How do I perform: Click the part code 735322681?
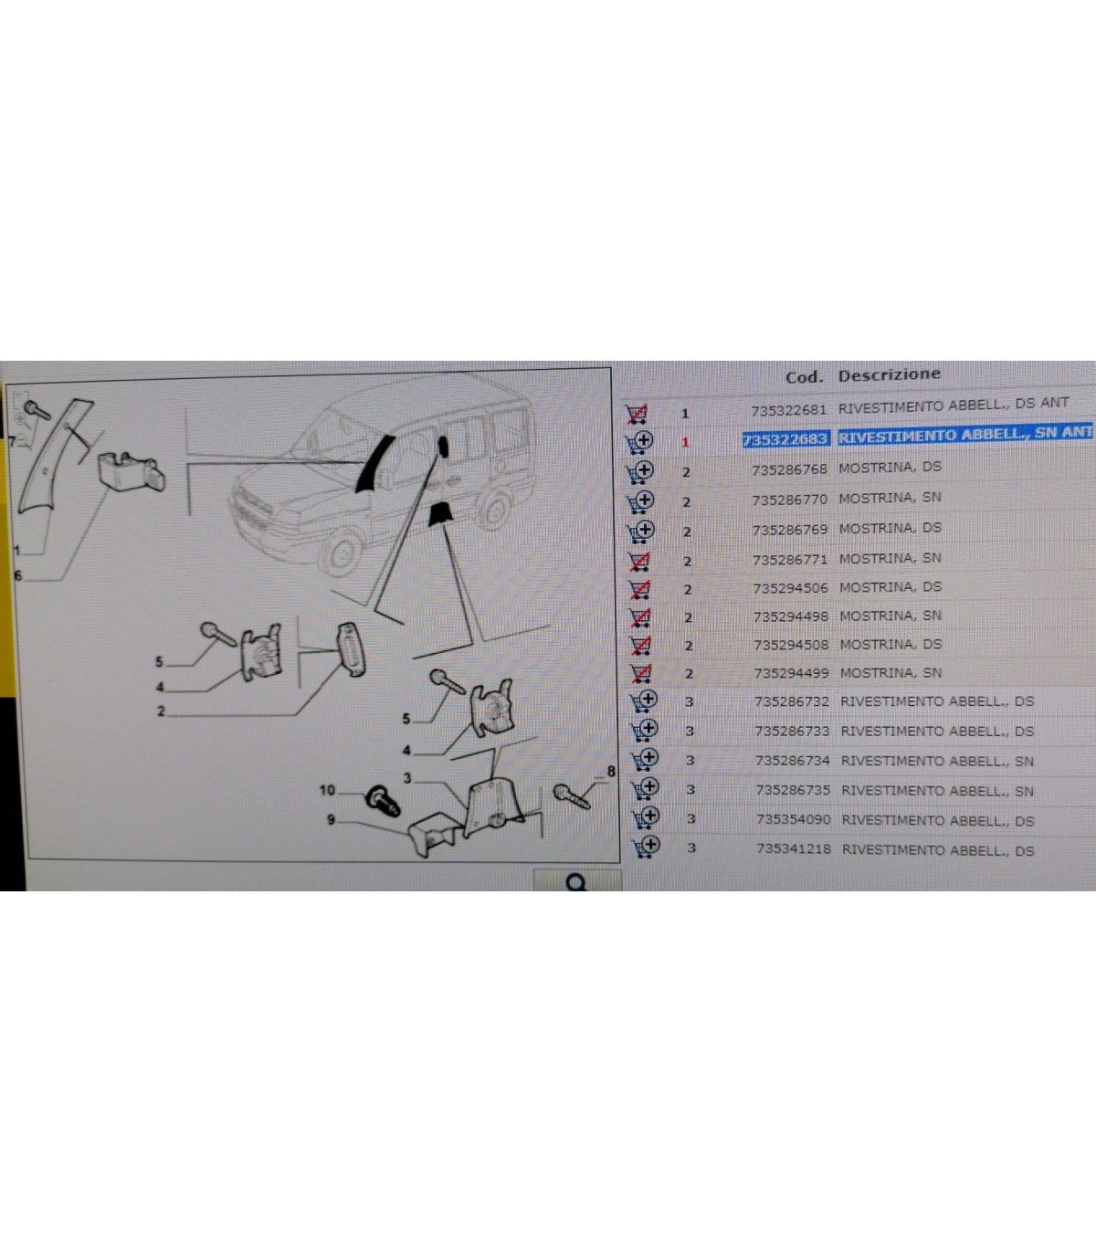coord(788,410)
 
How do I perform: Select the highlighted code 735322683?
coord(785,439)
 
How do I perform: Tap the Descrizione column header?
coord(889,374)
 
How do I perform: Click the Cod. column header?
coord(804,376)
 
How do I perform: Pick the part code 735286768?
coord(789,469)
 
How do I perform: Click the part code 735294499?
coord(792,673)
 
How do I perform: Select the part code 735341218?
coord(794,848)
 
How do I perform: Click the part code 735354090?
coord(794,819)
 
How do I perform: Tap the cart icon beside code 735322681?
coord(637,414)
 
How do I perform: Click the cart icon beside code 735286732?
coord(644,701)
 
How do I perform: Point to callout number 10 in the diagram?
coord(327,790)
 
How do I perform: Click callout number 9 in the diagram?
coord(331,819)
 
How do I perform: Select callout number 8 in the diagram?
coord(610,772)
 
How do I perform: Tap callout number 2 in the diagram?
coord(161,711)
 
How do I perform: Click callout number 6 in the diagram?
coord(17,575)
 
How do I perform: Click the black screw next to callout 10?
coord(383,801)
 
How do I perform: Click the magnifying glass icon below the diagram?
coord(576,882)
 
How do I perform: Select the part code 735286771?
coord(790,560)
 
